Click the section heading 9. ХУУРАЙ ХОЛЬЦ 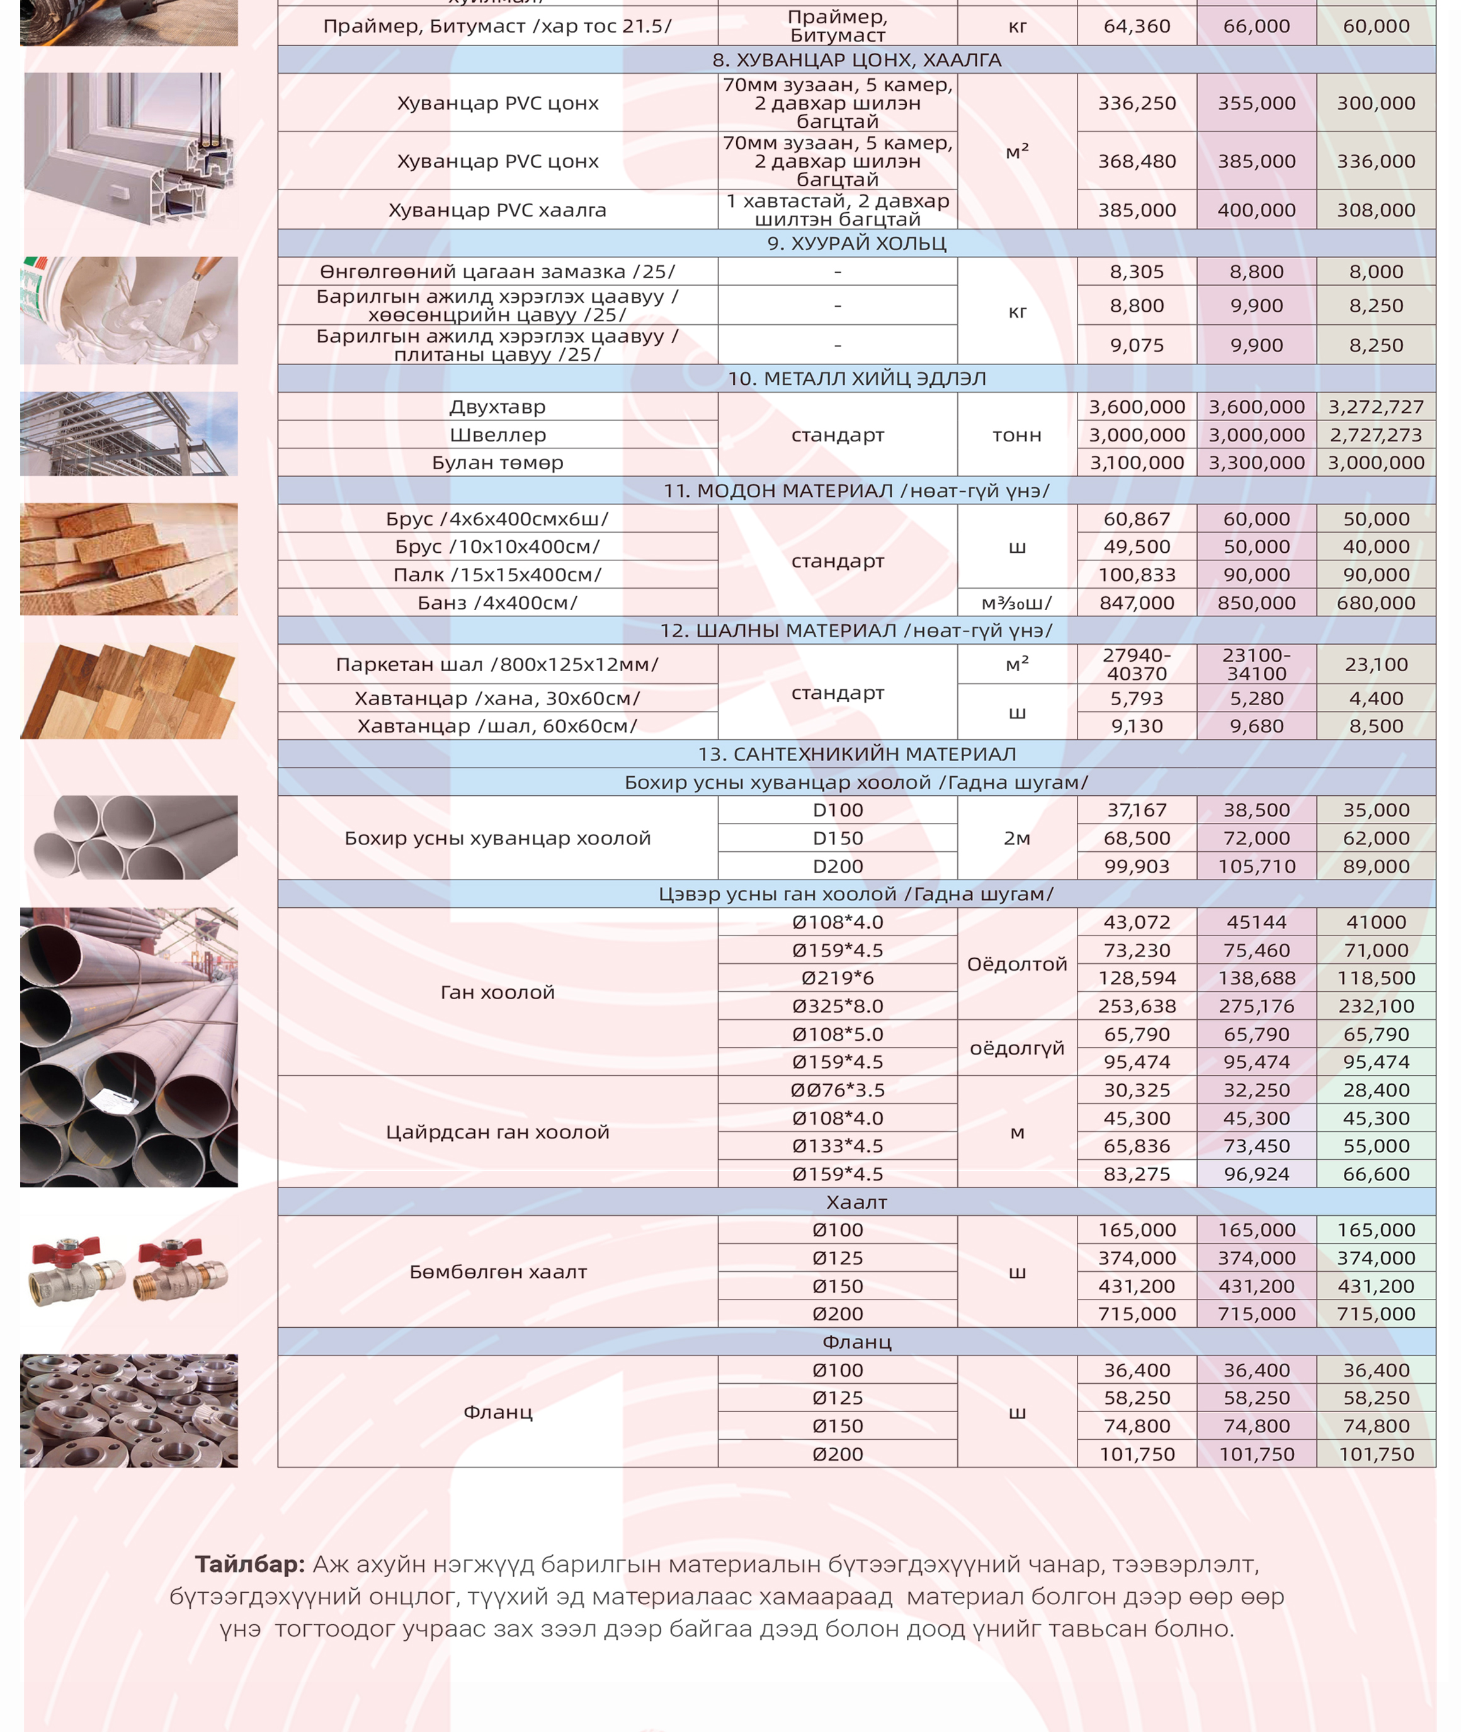(856, 244)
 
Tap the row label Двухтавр (497, 407)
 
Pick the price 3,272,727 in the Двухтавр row (1376, 407)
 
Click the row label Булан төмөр (497, 463)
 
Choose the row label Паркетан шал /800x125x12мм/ (497, 665)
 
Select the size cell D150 (838, 838)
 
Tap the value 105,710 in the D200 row (1256, 866)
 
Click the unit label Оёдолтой (1016, 965)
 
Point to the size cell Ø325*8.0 (838, 1006)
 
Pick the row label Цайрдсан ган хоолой (497, 1132)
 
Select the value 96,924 (1256, 1174)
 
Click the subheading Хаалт (856, 1202)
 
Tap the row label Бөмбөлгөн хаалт (497, 1272)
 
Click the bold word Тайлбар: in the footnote (250, 1564)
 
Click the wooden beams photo (129, 559)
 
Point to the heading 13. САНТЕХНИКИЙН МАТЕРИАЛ (856, 754)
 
